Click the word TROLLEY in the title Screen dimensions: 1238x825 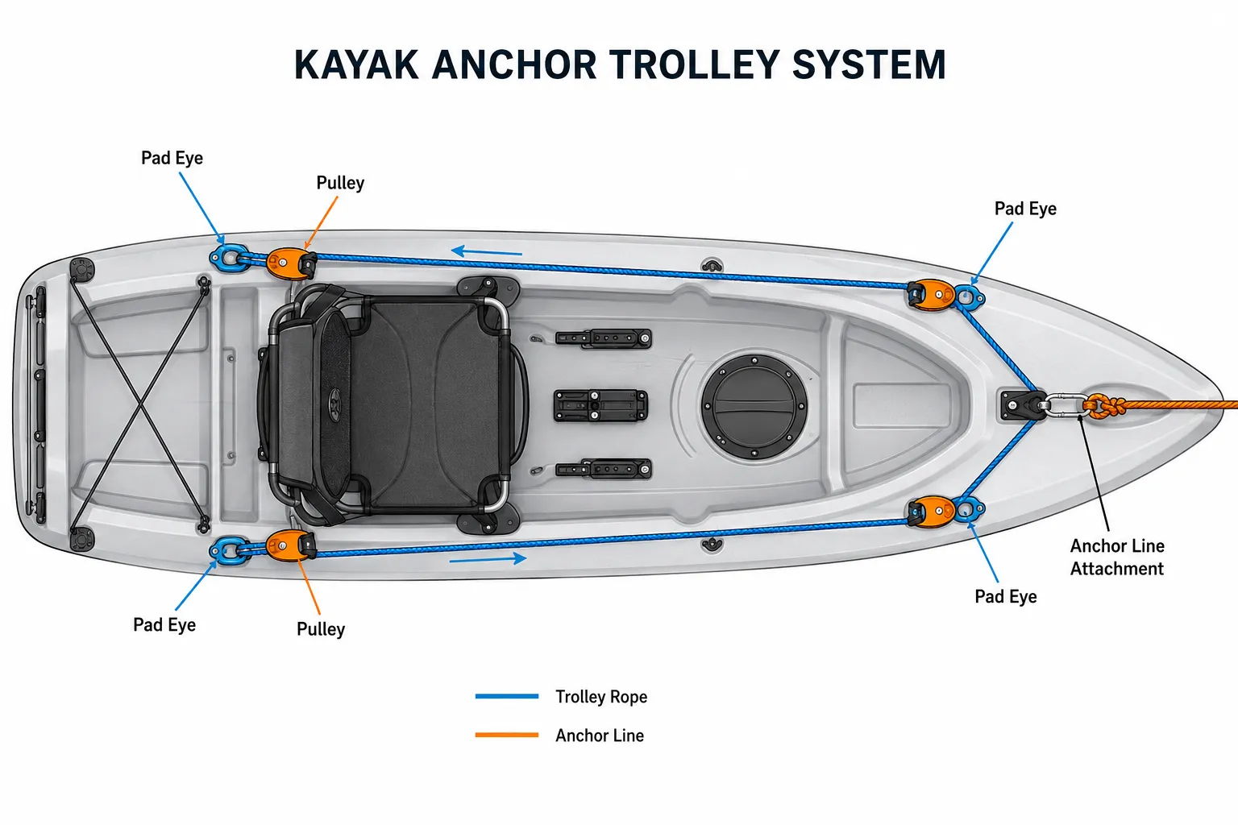tap(695, 64)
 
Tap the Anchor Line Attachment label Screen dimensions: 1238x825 tap(1117, 557)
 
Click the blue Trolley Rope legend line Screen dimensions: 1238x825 tap(507, 696)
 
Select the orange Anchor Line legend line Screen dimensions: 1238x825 tap(507, 735)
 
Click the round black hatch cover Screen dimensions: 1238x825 tap(754, 407)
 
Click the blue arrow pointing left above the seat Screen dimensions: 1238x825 tap(486, 252)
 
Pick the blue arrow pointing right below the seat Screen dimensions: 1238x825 tap(488, 559)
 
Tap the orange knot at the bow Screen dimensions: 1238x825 tap(1103, 406)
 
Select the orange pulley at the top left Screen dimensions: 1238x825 tap(291, 263)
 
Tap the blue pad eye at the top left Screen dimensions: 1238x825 tap(228, 258)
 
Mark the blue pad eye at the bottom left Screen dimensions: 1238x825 tap(228, 550)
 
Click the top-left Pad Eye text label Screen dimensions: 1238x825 tap(172, 158)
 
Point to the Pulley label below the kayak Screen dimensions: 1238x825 tap(321, 629)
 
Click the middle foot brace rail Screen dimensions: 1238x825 tap(600, 405)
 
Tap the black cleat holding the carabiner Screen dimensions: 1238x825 tap(1021, 406)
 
